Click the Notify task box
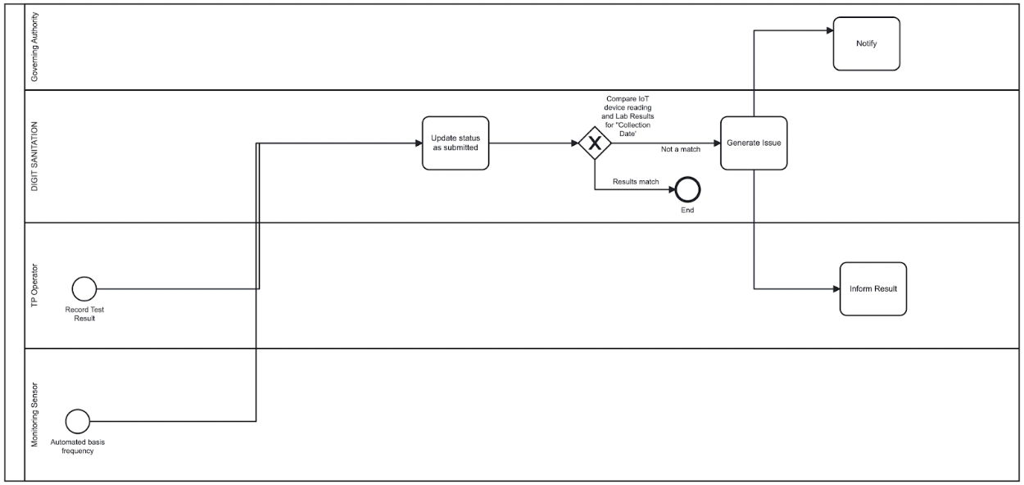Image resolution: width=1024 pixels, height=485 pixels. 867,44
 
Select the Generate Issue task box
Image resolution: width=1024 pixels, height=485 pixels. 754,143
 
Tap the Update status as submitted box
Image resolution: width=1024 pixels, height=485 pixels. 455,143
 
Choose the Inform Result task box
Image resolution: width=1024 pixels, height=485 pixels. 873,288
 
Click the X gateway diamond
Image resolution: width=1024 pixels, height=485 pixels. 595,143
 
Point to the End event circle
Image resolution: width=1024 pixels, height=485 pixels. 687,190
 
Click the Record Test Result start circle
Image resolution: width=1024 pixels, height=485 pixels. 84,288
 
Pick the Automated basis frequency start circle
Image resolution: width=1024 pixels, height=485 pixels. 78,422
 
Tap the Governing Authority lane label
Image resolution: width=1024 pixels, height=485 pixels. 34,48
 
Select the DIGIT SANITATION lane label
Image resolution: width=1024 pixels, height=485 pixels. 34,156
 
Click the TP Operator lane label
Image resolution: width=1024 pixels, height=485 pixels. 34,284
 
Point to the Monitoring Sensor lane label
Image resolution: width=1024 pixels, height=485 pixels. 34,414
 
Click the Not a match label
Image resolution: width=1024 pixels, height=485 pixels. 680,149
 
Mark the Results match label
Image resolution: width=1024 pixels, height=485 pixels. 636,182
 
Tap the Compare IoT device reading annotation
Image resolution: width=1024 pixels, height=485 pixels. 630,111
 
